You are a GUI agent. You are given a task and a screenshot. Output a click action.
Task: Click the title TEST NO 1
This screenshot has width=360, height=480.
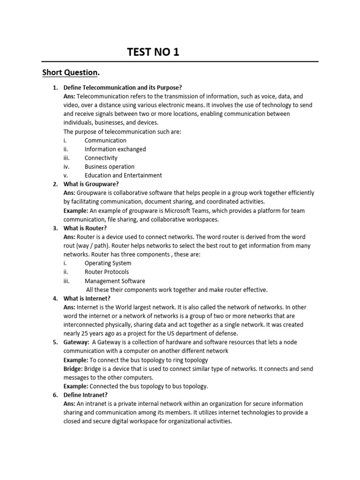point(153,52)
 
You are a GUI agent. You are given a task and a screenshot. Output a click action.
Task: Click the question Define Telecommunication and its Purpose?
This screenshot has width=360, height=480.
point(122,88)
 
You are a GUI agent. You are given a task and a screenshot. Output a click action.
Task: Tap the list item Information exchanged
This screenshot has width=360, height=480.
point(115,149)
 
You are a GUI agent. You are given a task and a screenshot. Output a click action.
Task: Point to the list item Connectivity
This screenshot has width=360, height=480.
point(101,158)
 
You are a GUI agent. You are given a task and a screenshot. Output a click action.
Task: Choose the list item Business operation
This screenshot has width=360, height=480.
point(109,166)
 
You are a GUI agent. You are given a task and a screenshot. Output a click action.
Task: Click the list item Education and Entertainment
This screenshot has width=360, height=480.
point(123,175)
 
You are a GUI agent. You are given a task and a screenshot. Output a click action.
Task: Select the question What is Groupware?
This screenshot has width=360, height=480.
point(91,184)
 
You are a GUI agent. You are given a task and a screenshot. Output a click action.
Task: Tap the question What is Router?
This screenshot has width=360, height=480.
point(85,228)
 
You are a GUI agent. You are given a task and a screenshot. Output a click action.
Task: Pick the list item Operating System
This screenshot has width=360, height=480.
point(108,263)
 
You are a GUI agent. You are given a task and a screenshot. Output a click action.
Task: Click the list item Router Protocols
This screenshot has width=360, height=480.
point(106,272)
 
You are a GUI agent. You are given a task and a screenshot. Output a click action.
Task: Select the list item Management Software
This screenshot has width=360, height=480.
point(115,281)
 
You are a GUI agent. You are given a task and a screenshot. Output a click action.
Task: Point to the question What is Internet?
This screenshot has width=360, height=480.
point(88,298)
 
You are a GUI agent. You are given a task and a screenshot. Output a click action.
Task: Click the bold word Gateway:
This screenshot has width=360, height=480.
point(76,342)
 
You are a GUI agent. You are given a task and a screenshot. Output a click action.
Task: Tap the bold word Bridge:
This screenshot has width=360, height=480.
point(74,368)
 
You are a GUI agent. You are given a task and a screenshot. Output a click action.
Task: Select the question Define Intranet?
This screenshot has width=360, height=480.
point(86,395)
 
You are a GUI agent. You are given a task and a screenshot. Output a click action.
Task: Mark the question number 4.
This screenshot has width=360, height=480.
point(55,298)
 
